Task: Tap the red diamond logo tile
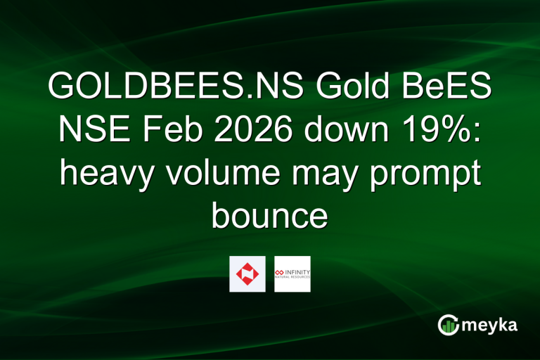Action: click(x=247, y=274)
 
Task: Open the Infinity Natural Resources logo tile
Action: click(x=292, y=274)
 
